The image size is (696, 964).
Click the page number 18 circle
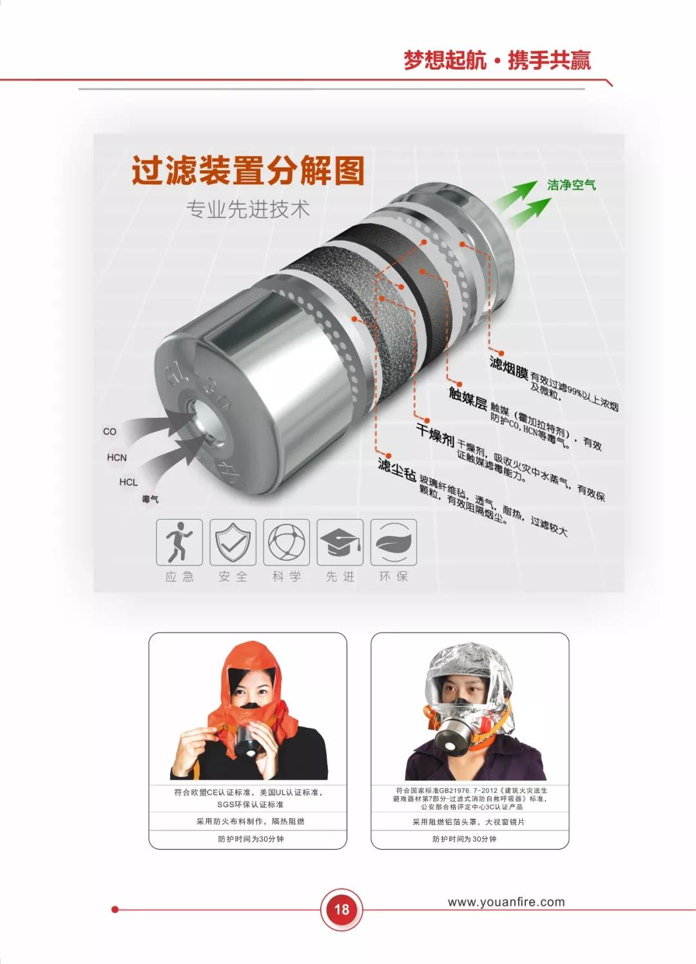[x=342, y=909]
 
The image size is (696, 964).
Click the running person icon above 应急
[x=179, y=542]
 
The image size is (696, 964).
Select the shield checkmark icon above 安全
[x=233, y=542]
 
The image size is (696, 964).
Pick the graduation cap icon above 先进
[x=340, y=542]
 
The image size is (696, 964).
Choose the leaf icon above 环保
[x=394, y=542]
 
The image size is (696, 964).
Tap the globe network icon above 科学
[x=287, y=542]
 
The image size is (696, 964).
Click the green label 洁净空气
[x=572, y=185]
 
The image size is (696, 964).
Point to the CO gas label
[x=110, y=431]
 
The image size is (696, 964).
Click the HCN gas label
[x=117, y=457]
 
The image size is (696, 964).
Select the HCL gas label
[x=128, y=482]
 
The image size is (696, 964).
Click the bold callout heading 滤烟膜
[x=509, y=368]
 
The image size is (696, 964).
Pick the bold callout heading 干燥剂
[x=436, y=435]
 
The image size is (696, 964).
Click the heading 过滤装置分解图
[x=248, y=170]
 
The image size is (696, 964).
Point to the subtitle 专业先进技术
[x=247, y=209]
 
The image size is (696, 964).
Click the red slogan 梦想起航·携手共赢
[x=498, y=60]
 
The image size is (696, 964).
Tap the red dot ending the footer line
[x=115, y=909]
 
